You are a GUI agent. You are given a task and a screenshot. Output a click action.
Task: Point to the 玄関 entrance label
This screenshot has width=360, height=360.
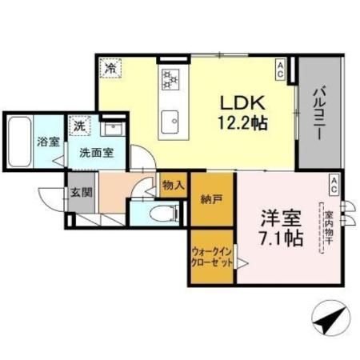tap(78, 193)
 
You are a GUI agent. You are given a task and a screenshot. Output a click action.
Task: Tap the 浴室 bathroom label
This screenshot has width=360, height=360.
tap(47, 142)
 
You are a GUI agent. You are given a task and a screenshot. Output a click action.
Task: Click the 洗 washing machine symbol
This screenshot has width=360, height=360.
tap(80, 125)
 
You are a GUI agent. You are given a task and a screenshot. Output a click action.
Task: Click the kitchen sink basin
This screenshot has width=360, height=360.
tap(171, 122)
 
